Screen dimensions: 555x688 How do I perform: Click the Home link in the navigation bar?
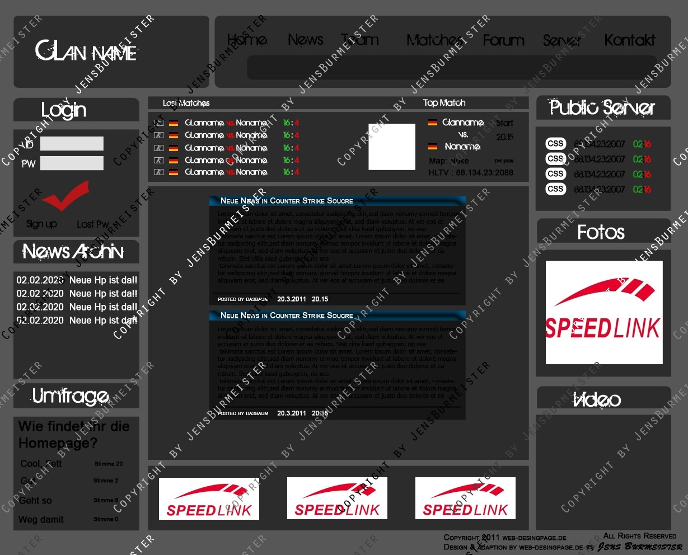[247, 40]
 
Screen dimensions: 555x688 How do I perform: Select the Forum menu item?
[503, 40]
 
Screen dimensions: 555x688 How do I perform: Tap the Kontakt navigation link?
[629, 40]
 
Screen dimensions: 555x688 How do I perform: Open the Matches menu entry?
[434, 40]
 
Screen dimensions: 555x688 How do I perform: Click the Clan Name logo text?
[86, 51]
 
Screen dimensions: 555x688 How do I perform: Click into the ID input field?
[72, 144]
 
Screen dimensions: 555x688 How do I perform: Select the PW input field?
[72, 163]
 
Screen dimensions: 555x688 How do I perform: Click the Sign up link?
[41, 224]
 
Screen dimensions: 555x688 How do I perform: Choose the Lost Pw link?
[92, 224]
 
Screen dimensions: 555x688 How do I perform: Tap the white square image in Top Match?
[392, 147]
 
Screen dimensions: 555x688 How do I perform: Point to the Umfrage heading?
[71, 396]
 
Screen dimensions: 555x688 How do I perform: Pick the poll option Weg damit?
[41, 519]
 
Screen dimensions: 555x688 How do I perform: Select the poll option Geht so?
[35, 500]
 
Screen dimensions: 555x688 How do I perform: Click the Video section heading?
[597, 399]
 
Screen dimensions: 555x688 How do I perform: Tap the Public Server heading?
[602, 107]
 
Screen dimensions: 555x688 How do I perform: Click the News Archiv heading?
[73, 252]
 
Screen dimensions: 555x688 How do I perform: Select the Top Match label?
[444, 103]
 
